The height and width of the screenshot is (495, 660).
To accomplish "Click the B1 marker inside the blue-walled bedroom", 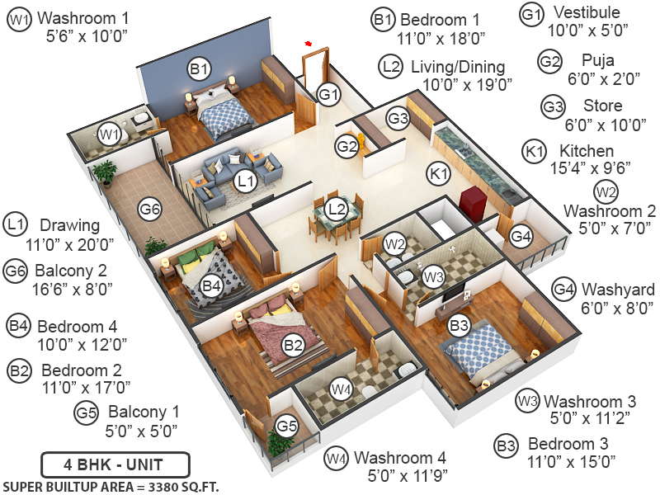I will pos(199,70).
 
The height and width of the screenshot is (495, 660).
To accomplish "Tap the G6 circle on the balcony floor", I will pos(149,210).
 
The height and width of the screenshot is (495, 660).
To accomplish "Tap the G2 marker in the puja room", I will pos(346,147).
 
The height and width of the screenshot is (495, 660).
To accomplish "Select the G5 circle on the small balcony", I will pos(286,427).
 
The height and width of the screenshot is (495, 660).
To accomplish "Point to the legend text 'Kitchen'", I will pos(587,151).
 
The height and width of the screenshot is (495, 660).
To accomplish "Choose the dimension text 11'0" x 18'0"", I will pos(441,37).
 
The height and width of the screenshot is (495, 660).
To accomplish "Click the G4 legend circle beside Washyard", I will pos(563,290).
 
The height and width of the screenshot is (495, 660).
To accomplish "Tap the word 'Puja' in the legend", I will pos(598,60).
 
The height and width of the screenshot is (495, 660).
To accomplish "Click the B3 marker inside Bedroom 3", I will pos(460,326).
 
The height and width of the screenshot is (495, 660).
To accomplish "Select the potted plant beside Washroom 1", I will pos(105,172).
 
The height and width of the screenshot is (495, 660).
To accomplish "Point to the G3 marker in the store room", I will pos(398,119).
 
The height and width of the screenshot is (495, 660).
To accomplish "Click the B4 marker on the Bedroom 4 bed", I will pos(212,285).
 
